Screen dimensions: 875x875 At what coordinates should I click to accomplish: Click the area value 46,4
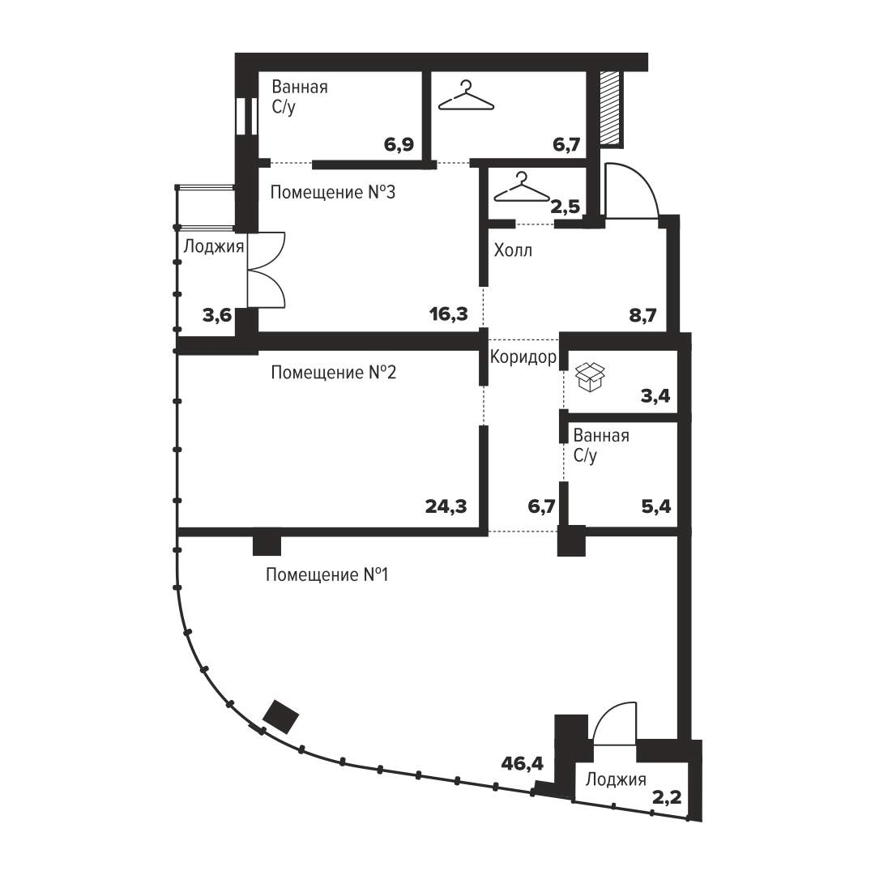[522, 763]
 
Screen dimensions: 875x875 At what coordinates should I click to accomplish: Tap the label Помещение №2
[333, 372]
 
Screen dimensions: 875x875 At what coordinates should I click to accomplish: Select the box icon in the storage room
[590, 377]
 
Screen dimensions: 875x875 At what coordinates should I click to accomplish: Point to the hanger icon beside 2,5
[521, 187]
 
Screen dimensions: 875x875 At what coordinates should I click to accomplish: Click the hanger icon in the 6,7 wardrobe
[466, 96]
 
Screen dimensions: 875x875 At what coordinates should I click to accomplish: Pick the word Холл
[513, 250]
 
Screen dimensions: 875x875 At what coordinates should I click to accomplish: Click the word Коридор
[523, 356]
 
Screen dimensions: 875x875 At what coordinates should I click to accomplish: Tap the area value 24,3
[446, 506]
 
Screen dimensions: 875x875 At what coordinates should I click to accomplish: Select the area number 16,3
[449, 314]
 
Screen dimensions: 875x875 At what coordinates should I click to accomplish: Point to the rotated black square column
[280, 716]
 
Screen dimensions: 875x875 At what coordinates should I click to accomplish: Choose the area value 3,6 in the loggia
[216, 316]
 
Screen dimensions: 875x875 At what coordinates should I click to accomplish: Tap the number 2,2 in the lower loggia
[667, 798]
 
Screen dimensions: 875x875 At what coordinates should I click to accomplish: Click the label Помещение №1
[327, 574]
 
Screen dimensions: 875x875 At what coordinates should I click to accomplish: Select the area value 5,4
[656, 506]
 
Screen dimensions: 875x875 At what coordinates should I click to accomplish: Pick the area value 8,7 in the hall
[642, 315]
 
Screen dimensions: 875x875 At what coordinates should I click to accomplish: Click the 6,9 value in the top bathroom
[399, 144]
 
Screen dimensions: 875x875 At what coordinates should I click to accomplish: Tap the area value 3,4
[655, 396]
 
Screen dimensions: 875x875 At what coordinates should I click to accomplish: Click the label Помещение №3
[333, 193]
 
